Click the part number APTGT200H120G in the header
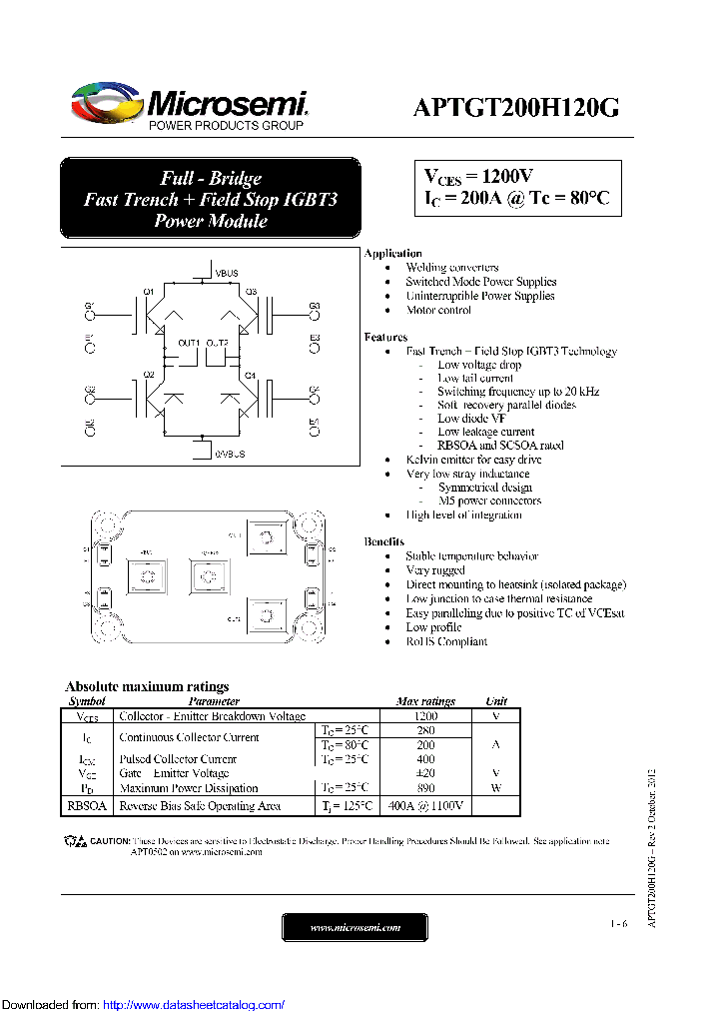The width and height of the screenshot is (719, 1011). point(515,108)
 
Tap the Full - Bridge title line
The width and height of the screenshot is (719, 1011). point(211,178)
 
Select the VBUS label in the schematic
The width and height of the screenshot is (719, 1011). point(228,271)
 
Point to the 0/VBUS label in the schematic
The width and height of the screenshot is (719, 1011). point(229,454)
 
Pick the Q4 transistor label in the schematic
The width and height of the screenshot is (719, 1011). point(250,375)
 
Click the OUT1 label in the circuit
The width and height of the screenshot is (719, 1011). point(189,343)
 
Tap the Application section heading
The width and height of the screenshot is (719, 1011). point(392,254)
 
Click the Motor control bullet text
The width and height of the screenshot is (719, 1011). point(438,310)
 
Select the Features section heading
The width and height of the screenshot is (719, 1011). point(385,338)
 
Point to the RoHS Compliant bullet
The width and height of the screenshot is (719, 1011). point(446,641)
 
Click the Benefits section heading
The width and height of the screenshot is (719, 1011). point(384,541)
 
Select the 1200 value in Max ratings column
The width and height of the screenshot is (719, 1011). point(425,716)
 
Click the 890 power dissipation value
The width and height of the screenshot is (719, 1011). point(425,788)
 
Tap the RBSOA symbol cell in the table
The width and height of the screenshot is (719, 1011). point(87,805)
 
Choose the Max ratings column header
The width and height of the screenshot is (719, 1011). point(425,701)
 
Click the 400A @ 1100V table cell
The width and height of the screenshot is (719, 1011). point(425,805)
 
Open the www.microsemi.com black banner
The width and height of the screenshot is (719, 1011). point(356,927)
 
